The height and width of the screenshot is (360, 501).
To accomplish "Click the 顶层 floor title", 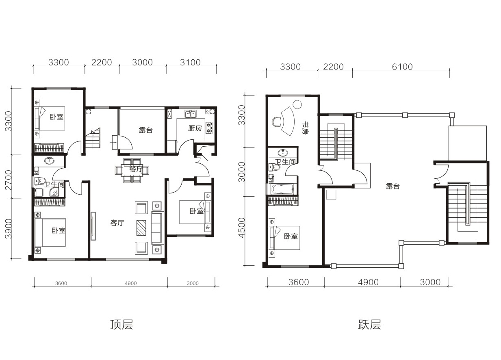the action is tap(121, 325).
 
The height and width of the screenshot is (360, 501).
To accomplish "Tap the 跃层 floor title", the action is tap(369, 325).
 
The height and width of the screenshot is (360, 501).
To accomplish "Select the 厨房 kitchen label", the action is tap(195, 128).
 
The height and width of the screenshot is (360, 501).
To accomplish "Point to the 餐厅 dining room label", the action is tap(136, 169).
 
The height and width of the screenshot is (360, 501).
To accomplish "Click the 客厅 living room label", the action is tap(117, 223).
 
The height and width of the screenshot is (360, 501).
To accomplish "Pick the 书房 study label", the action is tap(305, 128).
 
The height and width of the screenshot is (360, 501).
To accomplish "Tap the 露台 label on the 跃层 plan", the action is tap(393, 186).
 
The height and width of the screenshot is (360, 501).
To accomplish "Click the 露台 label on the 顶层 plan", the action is tap(146, 130).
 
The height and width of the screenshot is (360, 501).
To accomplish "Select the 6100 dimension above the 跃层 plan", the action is tap(402, 67).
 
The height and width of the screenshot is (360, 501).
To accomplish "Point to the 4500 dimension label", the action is tap(241, 228).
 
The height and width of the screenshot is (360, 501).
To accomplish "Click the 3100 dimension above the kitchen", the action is tap(190, 62).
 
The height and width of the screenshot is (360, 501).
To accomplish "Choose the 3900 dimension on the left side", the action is tap(9, 229).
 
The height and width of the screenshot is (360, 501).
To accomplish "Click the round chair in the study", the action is tap(277, 122).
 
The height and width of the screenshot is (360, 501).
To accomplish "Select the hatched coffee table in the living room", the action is tap(141, 228).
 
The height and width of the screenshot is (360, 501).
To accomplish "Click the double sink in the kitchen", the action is tap(191, 114).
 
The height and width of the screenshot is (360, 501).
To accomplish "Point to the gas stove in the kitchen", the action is tap(209, 128).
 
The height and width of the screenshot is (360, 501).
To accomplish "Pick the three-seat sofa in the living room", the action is tap(158, 228).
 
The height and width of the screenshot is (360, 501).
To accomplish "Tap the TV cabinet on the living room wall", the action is tap(93, 226).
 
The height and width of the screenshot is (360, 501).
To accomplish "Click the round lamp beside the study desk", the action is tap(297, 104).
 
